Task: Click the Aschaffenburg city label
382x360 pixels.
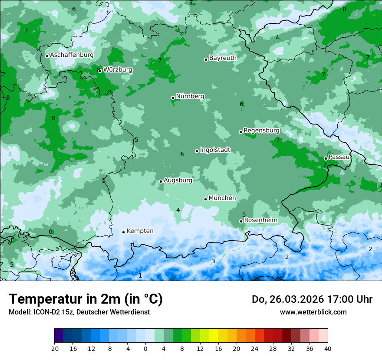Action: coord(72,55)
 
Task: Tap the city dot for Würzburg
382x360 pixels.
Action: coord(100,71)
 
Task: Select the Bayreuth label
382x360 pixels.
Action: coord(223,58)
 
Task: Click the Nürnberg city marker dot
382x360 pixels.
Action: coord(173,98)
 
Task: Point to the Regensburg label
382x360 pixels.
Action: coord(261,130)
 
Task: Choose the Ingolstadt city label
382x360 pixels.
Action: coord(215,150)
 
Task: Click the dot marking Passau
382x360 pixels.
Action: coord(326,158)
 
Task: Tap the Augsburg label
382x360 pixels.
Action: coord(178,180)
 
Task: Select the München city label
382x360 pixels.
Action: coord(222,198)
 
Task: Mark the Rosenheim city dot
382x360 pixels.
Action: coord(241,222)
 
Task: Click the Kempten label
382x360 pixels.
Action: coord(140,231)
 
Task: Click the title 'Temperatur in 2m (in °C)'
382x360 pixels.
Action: coord(86,299)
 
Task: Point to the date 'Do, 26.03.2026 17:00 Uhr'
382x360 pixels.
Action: coord(312,299)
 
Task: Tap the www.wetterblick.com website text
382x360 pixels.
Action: coord(313,312)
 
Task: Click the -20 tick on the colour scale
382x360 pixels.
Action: coord(54,348)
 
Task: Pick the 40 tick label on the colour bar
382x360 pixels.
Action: coord(327,348)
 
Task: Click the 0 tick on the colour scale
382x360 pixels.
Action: coord(145,348)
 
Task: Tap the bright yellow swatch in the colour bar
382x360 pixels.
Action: coord(214,336)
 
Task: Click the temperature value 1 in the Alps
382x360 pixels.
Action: coord(140,276)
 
